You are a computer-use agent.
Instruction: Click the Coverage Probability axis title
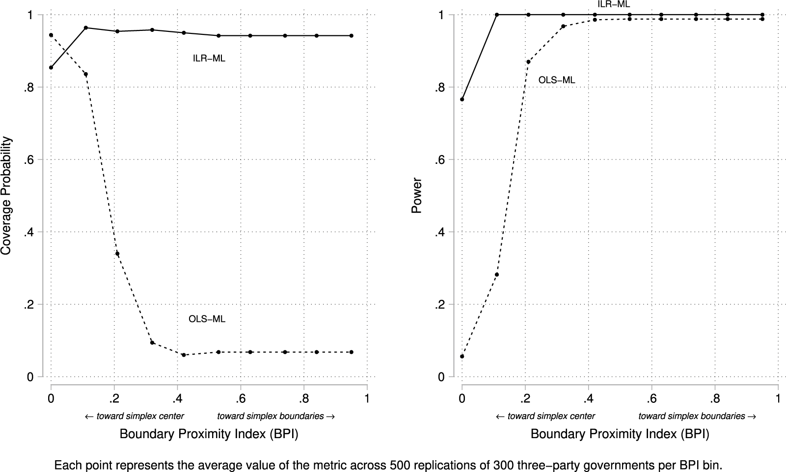(x=6, y=195)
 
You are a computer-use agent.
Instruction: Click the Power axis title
(x=417, y=195)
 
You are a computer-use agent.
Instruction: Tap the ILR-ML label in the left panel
(x=209, y=59)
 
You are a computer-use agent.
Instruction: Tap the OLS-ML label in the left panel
(x=207, y=319)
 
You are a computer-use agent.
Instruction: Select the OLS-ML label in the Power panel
(x=556, y=80)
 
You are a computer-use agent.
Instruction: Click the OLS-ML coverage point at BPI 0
(x=51, y=35)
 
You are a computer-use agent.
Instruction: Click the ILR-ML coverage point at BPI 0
(x=51, y=68)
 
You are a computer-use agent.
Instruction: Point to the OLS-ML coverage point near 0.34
(x=117, y=254)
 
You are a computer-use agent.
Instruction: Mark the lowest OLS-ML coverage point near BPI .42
(x=184, y=355)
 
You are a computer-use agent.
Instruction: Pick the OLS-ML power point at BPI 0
(x=462, y=356)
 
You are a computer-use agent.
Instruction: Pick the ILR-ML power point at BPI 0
(x=462, y=100)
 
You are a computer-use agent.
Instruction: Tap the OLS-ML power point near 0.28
(x=497, y=274)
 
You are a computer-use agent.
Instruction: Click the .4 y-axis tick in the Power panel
(x=439, y=232)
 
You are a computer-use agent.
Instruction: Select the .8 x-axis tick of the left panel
(x=303, y=398)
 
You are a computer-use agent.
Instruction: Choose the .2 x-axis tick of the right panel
(x=525, y=398)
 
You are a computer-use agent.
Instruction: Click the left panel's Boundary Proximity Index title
(x=209, y=434)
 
